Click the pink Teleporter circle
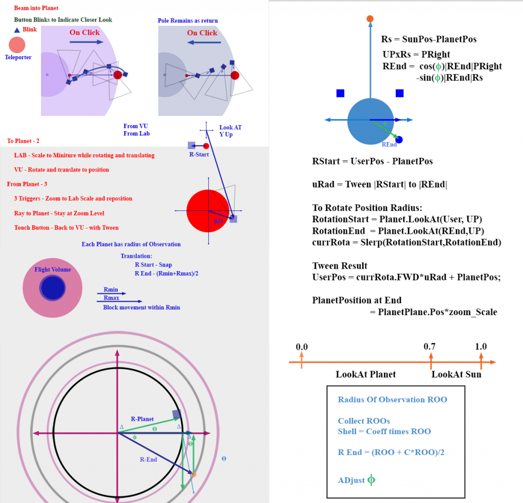coord(17,45)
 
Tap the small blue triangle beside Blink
coord(17,30)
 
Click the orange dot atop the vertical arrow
coord(370,19)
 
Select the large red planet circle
coord(208,210)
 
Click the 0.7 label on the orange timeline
coord(430,347)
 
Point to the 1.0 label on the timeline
coord(481,347)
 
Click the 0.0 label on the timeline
coord(302,347)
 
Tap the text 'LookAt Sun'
coord(456,374)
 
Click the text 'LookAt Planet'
coord(366,374)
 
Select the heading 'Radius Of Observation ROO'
coord(392,399)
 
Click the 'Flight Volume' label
coord(53,270)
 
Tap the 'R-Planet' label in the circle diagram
coord(142,419)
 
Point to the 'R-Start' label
coord(199,154)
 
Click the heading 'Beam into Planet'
coord(36,8)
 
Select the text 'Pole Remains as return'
coord(187,21)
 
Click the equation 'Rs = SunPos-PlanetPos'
coord(429,39)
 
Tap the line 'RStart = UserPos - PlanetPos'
coord(372,161)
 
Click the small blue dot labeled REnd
coord(399,139)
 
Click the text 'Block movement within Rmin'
coord(141,307)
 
